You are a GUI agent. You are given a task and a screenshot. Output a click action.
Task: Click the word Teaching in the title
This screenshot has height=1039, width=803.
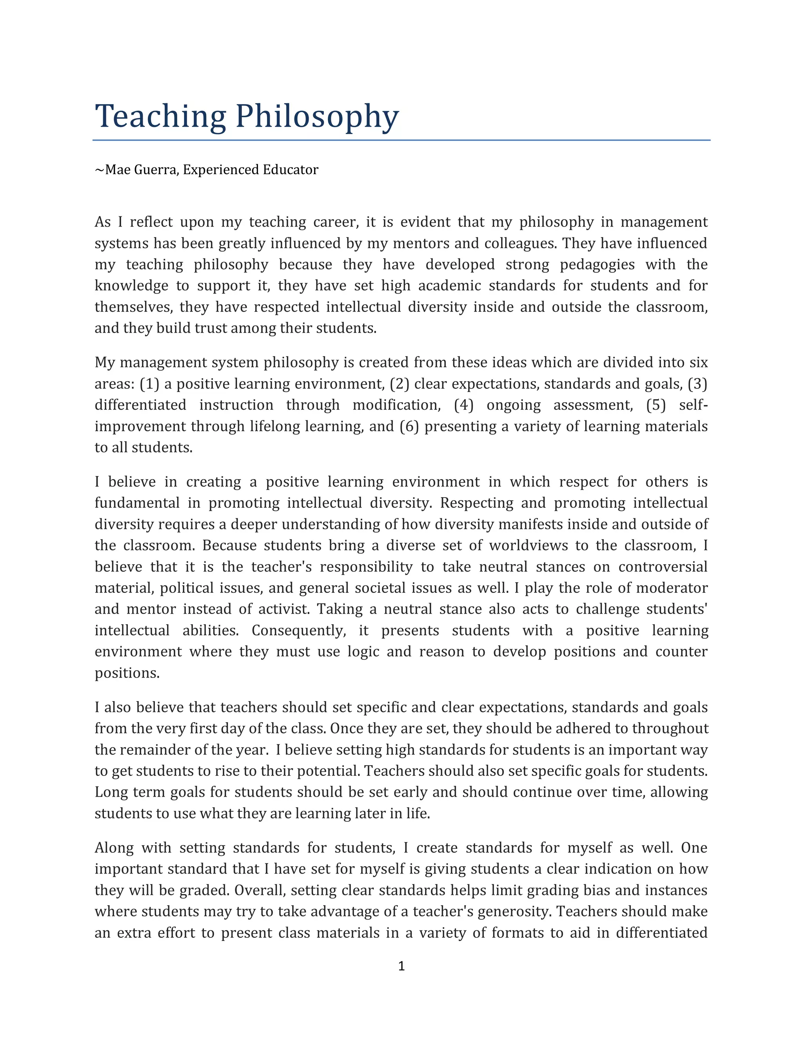160,116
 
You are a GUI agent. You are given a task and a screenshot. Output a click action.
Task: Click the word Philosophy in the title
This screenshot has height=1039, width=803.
317,116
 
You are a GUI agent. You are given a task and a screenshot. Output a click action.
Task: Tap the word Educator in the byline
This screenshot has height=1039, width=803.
290,170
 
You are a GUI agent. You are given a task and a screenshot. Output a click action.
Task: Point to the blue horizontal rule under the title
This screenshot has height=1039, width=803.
401,140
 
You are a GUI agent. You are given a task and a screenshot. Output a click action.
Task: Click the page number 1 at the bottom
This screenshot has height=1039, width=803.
401,966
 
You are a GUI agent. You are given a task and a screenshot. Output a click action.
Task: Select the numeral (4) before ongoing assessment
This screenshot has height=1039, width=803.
464,405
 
